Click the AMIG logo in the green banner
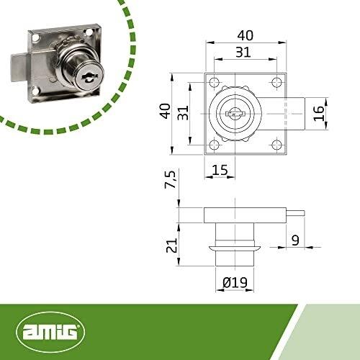click(x=50, y=331)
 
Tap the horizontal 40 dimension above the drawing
click(x=246, y=35)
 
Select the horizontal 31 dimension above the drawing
click(x=243, y=52)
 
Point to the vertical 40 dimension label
click(x=166, y=111)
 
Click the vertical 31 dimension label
click(x=183, y=113)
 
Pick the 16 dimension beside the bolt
click(x=319, y=114)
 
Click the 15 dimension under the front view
click(x=220, y=170)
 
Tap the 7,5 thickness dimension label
click(x=171, y=179)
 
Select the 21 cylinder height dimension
click(x=172, y=245)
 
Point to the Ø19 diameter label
click(x=235, y=282)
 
